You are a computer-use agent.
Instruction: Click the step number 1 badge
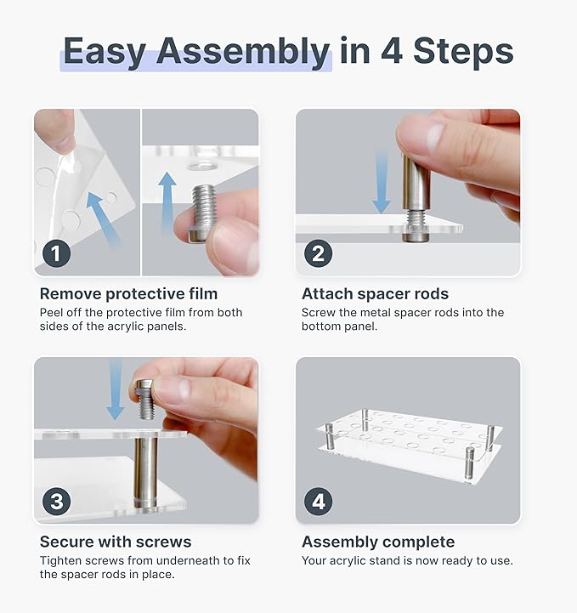(56, 253)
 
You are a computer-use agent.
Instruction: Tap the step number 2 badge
(318, 253)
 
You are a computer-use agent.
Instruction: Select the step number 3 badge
(56, 501)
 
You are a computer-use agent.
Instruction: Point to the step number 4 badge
(318, 501)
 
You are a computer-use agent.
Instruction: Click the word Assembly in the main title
(242, 52)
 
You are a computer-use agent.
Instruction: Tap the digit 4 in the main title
(392, 51)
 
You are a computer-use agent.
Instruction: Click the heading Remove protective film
(128, 293)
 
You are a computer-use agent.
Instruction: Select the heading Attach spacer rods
(375, 293)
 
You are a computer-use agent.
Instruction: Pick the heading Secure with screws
(116, 542)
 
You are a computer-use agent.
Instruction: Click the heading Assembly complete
(378, 542)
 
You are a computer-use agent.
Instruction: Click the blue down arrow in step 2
(382, 183)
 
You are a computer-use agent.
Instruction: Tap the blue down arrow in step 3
(116, 389)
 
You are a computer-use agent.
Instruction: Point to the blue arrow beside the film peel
(102, 219)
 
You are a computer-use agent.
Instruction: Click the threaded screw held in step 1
(203, 213)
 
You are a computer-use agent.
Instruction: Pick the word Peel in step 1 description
(50, 312)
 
